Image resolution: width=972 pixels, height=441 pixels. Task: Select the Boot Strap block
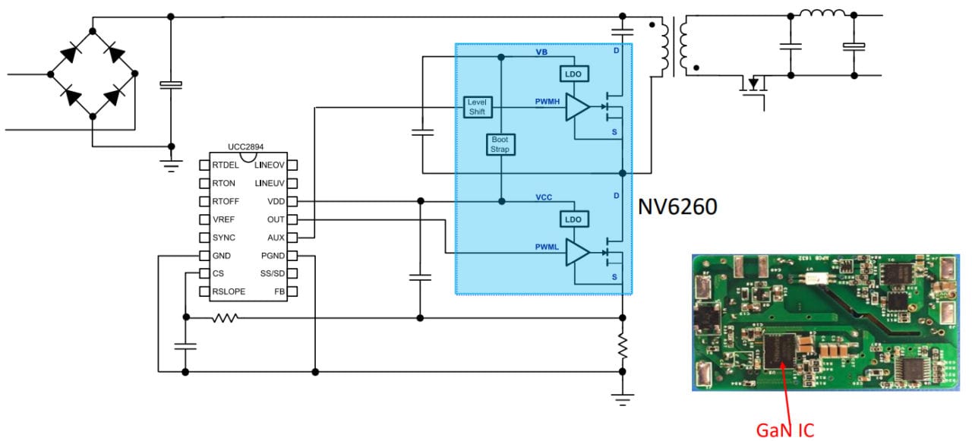pos(500,145)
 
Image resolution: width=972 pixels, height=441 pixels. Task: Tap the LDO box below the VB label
pos(573,74)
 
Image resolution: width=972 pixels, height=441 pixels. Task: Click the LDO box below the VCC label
pos(573,219)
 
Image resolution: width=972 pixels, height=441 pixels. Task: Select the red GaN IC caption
pos(784,430)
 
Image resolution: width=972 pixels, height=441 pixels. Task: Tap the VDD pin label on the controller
pos(276,202)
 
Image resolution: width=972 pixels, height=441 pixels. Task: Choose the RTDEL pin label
pos(226,165)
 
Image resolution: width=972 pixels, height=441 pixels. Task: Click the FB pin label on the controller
pos(279,291)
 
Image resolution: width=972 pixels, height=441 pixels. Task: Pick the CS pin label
pos(218,273)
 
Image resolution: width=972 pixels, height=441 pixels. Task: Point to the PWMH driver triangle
pos(576,108)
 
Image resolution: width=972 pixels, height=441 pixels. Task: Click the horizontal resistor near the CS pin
pos(225,318)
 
